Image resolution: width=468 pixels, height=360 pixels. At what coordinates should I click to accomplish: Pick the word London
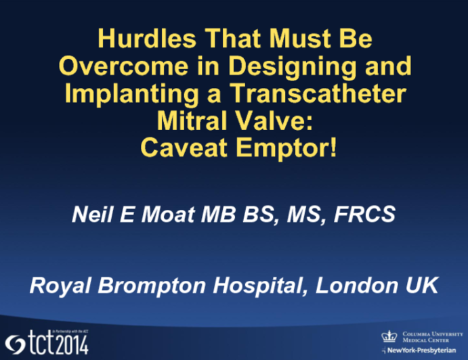[352, 286]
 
